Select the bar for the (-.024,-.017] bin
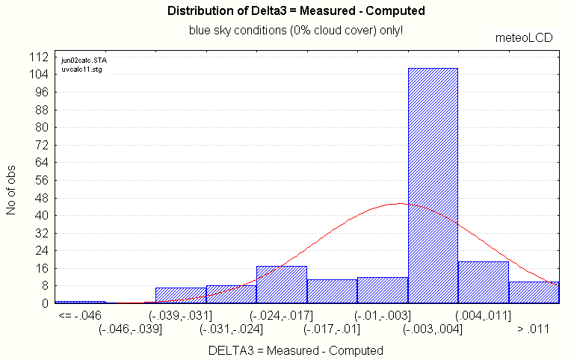click(x=282, y=285)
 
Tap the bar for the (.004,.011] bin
click(x=483, y=282)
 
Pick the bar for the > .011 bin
click(x=534, y=292)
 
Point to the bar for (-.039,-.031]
click(x=180, y=295)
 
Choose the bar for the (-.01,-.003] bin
click(x=383, y=290)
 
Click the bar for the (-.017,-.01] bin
click(x=332, y=291)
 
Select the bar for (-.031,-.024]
click(x=231, y=294)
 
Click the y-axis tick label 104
click(x=38, y=74)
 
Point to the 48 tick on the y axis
click(x=41, y=197)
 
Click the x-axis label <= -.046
click(x=79, y=315)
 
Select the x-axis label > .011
click(x=534, y=329)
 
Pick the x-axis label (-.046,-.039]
click(x=130, y=329)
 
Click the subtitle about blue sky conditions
click(x=296, y=31)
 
